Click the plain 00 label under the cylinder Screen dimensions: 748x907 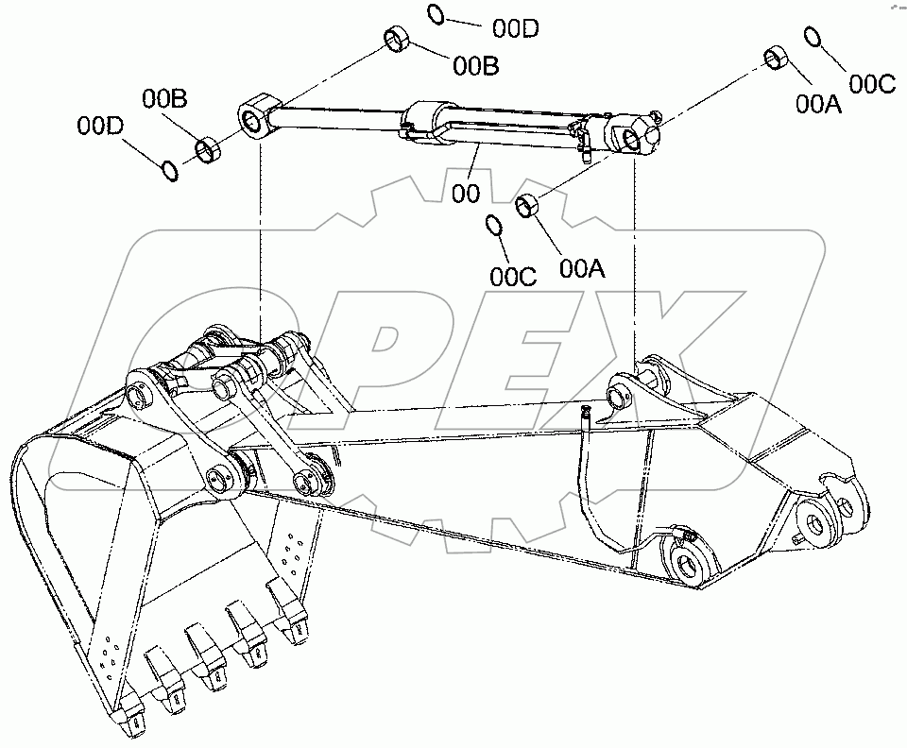466,193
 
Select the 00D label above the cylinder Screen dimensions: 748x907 515,28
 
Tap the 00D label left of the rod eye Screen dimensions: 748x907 101,125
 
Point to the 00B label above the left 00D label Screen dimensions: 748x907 165,97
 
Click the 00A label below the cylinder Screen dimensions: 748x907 582,269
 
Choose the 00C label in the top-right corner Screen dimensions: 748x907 871,84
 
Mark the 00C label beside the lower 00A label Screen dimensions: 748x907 513,277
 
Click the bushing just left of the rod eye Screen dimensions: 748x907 207,148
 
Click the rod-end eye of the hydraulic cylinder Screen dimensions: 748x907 255,119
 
